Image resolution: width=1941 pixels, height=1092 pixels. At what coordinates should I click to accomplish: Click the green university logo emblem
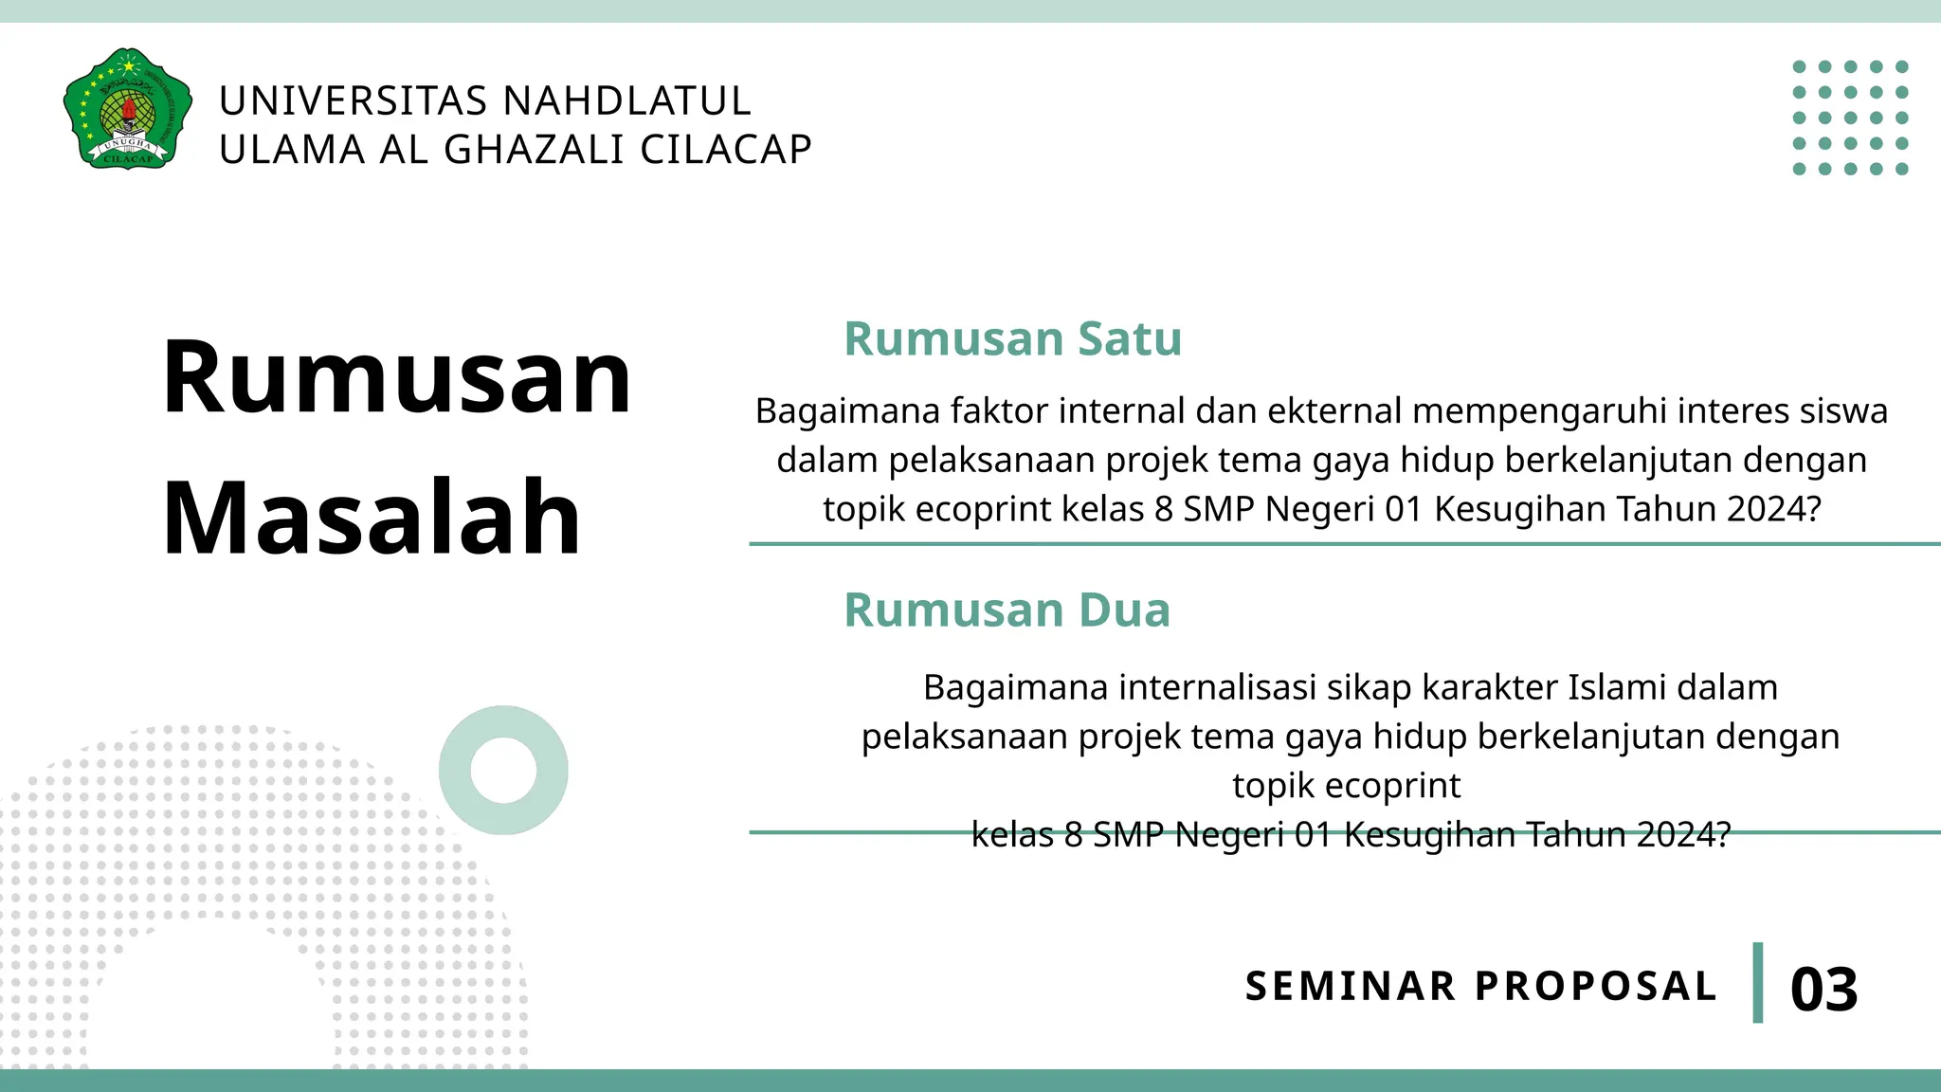tap(127, 108)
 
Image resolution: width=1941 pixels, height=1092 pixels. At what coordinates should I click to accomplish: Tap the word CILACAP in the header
tap(726, 150)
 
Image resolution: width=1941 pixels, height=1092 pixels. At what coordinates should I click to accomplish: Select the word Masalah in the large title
tap(372, 518)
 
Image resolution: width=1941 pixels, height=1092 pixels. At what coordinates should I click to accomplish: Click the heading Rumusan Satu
tap(1012, 338)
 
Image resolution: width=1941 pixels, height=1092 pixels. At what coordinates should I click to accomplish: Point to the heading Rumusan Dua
tap(1007, 610)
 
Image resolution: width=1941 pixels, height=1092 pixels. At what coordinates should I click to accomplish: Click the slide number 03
tap(1823, 990)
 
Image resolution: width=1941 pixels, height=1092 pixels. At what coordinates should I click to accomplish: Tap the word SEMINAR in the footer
tap(1350, 986)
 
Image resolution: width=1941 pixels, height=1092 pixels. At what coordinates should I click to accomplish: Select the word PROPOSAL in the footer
tap(1596, 986)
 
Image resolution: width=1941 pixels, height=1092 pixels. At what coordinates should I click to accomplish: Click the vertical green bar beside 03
tap(1758, 983)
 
